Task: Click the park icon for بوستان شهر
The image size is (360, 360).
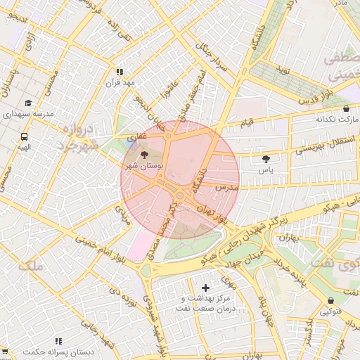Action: click(145, 154)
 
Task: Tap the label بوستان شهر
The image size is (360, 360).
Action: click(143, 166)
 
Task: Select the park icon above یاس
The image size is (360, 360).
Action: click(266, 160)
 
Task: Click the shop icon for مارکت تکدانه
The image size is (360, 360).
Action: click(347, 109)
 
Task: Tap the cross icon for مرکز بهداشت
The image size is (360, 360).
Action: click(205, 288)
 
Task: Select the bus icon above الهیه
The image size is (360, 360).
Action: click(25, 137)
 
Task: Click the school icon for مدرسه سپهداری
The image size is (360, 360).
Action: click(28, 103)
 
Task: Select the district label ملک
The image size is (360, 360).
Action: click(32, 266)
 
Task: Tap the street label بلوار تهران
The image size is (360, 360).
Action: click(214, 214)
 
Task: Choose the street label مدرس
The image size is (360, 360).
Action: click(229, 188)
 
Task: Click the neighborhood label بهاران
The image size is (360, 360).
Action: click(288, 239)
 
